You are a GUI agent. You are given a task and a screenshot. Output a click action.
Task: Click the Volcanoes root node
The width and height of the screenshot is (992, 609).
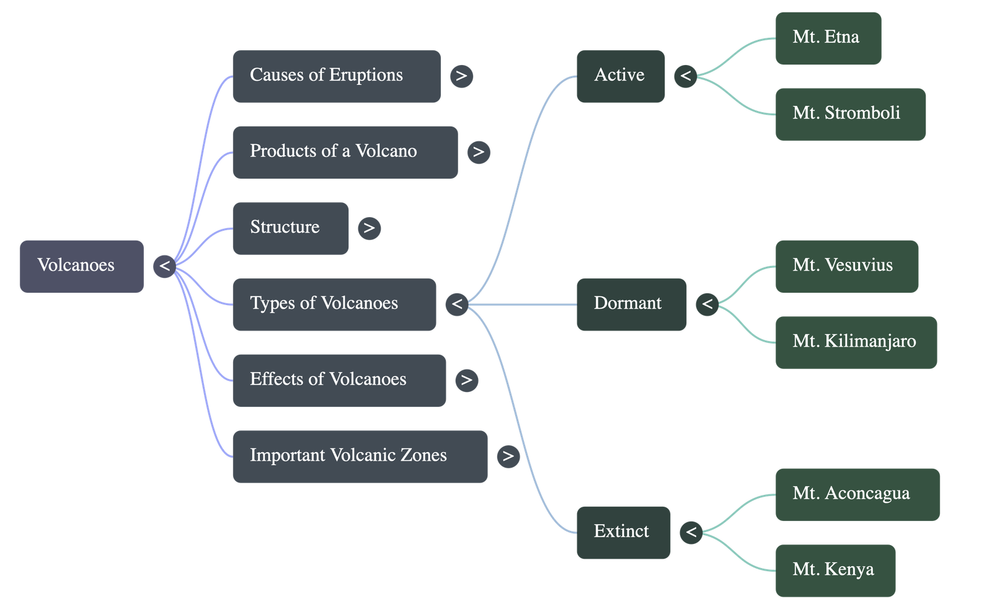pos(81,266)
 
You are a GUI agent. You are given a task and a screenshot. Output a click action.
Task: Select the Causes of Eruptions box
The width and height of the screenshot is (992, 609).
pos(336,76)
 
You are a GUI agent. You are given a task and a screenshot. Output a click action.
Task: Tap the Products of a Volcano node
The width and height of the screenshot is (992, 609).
pos(345,153)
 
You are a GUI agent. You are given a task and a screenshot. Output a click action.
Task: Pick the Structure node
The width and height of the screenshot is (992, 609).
pos(290,228)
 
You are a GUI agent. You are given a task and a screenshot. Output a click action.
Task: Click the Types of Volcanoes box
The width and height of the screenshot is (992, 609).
pos(334,304)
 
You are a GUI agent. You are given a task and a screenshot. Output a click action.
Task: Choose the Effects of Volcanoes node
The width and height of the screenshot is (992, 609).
pos(339,380)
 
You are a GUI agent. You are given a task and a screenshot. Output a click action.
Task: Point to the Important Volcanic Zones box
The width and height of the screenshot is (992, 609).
pos(360,456)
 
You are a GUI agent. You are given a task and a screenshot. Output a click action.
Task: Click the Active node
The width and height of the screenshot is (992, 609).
pos(620,76)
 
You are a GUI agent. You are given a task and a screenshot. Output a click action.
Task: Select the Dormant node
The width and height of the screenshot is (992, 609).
pos(631,304)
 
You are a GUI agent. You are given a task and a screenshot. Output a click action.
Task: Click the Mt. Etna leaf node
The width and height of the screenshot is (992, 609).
pos(828,38)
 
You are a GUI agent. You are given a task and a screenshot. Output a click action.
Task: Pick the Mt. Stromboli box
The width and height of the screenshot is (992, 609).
pos(850,114)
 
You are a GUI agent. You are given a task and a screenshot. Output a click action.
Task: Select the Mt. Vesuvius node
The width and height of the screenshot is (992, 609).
pos(846,267)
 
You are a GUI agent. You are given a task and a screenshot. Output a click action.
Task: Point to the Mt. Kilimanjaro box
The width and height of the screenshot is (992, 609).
pos(856,342)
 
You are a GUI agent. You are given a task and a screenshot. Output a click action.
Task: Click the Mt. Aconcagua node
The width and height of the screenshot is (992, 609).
pos(857,494)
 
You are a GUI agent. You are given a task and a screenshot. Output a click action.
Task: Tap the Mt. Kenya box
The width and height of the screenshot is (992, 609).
pos(835,571)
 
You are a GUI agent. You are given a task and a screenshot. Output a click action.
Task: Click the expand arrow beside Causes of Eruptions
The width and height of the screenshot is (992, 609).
pos(461,76)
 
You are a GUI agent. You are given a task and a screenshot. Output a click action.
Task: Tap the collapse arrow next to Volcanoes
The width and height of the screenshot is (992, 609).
pos(164,267)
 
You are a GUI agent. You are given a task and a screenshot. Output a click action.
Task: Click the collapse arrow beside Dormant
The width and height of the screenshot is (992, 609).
pos(707,304)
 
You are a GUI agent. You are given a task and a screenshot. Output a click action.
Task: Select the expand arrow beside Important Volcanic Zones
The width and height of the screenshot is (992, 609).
pos(508,456)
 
